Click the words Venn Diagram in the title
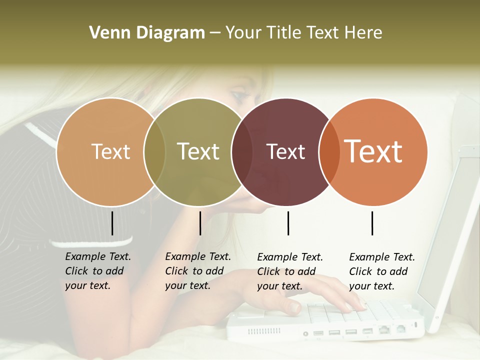147,33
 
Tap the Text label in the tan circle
111,151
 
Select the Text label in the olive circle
198,151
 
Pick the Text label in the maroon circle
286,151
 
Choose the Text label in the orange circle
373,151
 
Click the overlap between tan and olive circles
154,151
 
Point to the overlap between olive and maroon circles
242,151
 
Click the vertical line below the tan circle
112,223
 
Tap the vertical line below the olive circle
200,223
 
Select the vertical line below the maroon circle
288,223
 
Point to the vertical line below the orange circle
372,223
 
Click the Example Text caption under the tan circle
97,271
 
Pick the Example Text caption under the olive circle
197,271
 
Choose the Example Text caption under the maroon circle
289,271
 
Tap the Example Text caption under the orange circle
381,271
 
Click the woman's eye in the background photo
239,95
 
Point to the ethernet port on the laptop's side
384,329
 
